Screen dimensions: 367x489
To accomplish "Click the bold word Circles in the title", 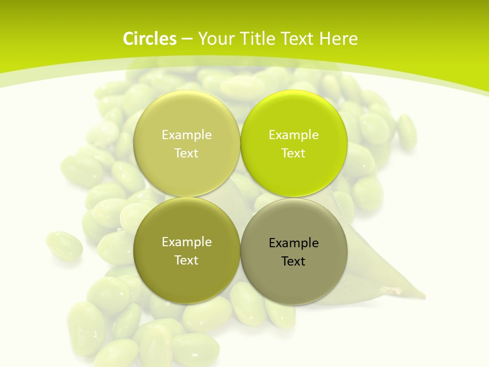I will click(x=149, y=39).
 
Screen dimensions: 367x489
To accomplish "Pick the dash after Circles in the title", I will click(x=186, y=39).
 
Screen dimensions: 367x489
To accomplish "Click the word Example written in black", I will click(x=293, y=243).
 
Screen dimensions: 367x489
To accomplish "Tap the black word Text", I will click(x=293, y=261).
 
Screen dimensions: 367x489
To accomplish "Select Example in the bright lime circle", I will click(x=293, y=135).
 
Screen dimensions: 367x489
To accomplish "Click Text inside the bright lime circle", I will click(x=293, y=153).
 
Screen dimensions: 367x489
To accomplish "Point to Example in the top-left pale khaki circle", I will click(x=186, y=135).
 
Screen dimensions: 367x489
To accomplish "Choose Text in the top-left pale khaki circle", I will click(x=186, y=153).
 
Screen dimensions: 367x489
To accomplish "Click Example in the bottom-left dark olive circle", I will click(x=186, y=242).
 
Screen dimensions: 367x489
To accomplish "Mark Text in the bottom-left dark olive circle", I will click(x=186, y=260).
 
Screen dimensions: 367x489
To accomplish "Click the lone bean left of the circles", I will click(x=64, y=246).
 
